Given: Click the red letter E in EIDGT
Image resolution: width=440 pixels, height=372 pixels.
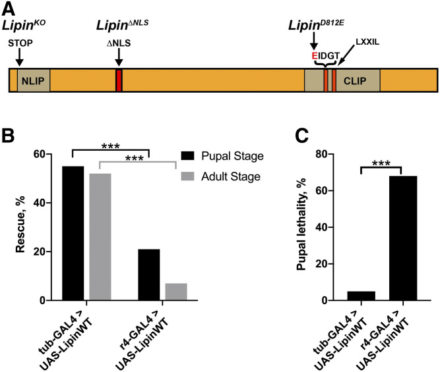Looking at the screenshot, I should tap(315, 56).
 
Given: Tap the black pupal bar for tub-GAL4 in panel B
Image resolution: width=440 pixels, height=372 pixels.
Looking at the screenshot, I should tap(73, 233).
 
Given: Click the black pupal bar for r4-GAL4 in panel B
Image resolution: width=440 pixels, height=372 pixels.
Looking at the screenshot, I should tap(149, 275).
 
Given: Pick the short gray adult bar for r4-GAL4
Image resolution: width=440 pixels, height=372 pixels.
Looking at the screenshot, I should tap(177, 292).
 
